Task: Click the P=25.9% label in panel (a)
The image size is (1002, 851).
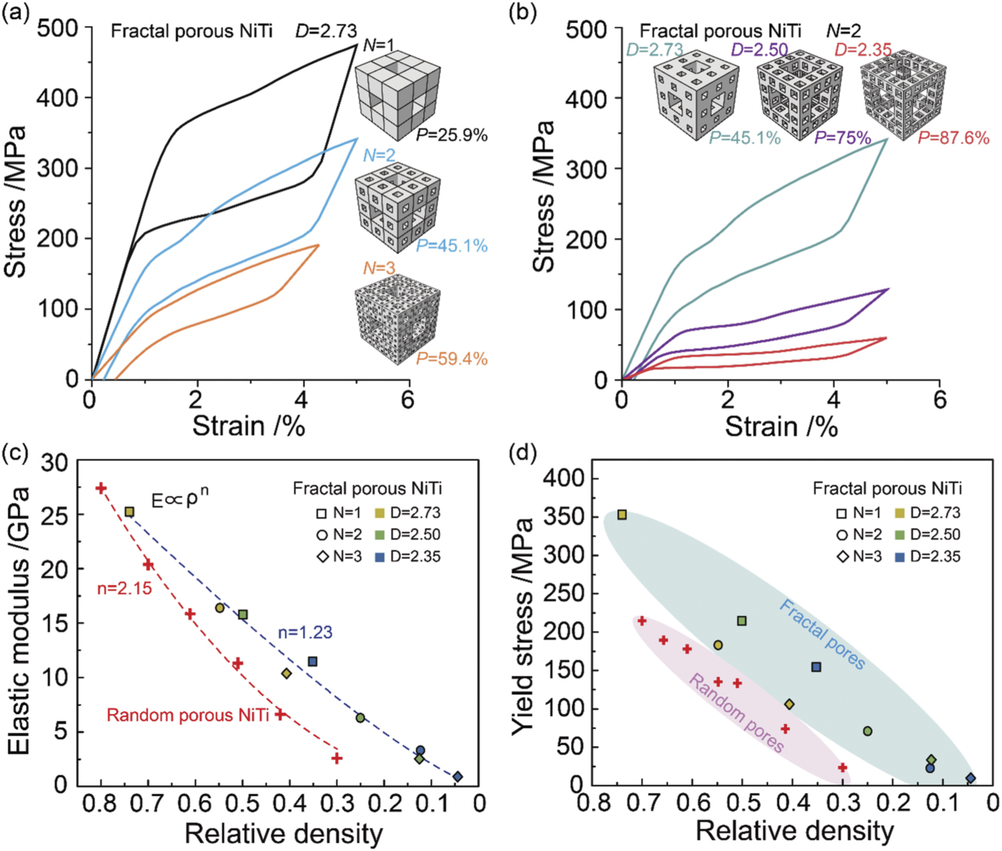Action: coord(452,135)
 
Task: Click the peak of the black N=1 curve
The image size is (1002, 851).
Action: coord(356,45)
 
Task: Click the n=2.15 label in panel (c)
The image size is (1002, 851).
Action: coord(125,589)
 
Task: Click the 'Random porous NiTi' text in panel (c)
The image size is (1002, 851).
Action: coord(187,715)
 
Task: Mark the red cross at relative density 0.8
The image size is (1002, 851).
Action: coord(100,488)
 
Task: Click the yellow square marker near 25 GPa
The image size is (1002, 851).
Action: coord(129,512)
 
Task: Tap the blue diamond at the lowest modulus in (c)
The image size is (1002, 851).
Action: coord(458,776)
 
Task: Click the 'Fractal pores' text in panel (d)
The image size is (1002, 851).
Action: coord(822,634)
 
